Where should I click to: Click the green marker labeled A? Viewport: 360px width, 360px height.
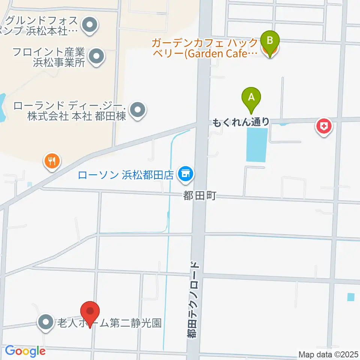coord(252,99)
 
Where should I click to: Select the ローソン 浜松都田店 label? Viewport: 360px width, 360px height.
coord(126,174)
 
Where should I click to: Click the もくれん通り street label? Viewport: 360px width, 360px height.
coord(241,121)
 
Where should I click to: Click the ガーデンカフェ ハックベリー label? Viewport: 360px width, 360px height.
coord(204,47)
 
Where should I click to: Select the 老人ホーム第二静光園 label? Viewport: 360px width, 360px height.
coord(109,322)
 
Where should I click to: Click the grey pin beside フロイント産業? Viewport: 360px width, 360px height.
coord(97,56)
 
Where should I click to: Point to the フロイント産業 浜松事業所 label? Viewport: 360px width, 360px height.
coord(49,57)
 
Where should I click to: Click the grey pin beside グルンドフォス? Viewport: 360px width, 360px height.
coord(90,26)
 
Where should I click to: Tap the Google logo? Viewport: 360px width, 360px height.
coord(25,351)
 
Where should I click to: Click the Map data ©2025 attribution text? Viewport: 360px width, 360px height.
coord(328,354)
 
